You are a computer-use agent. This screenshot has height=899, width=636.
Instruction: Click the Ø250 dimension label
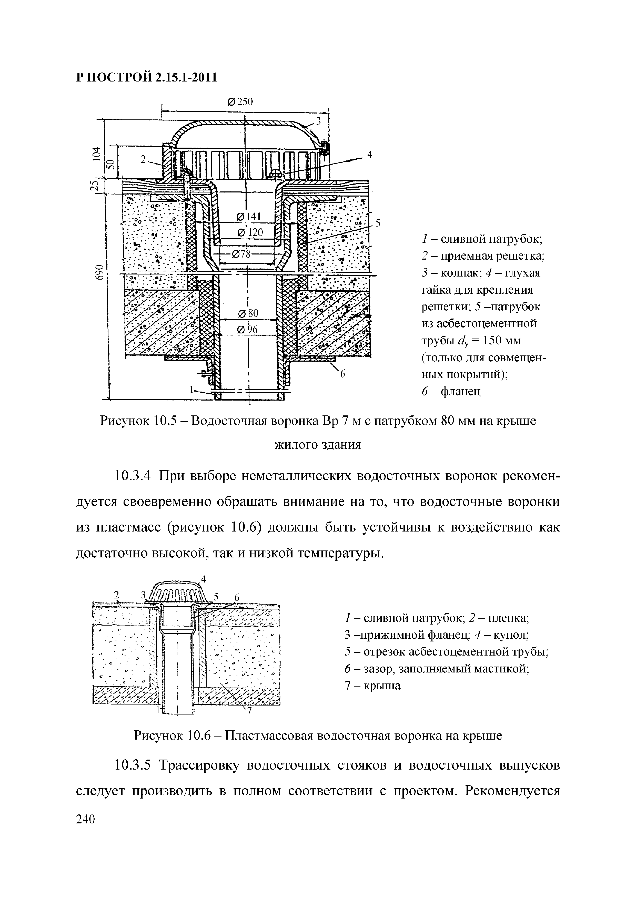tap(240, 102)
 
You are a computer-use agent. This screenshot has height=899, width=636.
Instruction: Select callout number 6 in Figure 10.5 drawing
tap(342, 374)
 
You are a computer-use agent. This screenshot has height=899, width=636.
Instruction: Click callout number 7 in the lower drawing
tap(248, 712)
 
